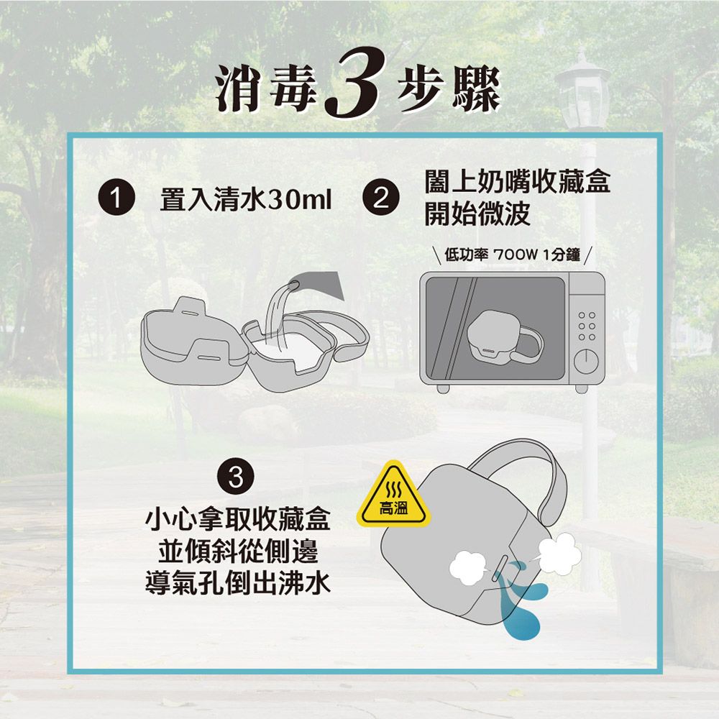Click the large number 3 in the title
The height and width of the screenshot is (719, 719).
353,83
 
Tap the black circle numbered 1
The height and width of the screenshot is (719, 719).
116,198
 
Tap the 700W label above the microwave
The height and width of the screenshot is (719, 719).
515,254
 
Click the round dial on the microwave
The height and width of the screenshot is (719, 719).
586,360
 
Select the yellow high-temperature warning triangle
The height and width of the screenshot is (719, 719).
394,495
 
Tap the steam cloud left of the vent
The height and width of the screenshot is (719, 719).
469,568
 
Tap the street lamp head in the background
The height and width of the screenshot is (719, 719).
582,92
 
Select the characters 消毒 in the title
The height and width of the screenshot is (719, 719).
267,88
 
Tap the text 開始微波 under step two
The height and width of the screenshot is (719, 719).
477,214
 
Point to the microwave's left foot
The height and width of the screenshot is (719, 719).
443,389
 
